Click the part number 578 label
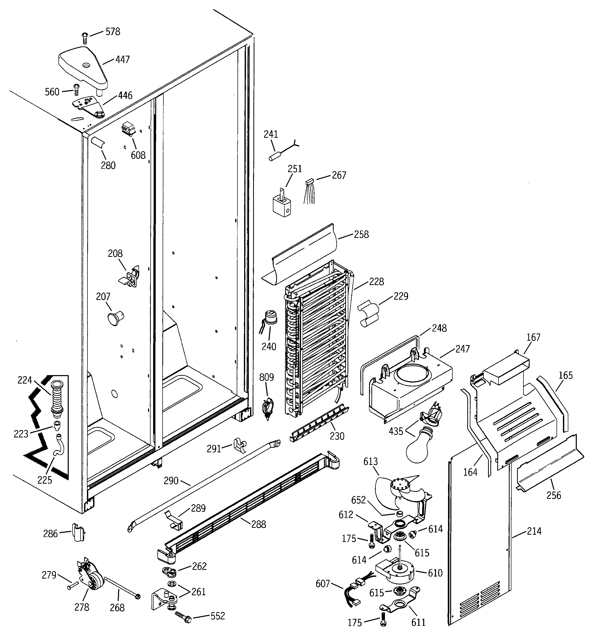113,32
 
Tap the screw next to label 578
85,38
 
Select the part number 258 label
361,235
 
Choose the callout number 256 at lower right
553,495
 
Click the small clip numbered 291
239,445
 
